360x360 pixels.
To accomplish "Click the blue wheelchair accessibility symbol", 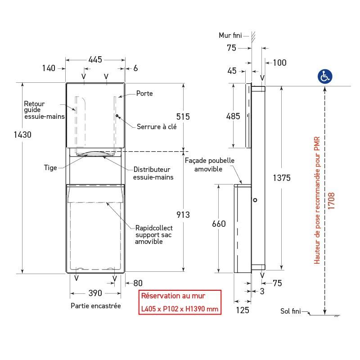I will pyautogui.click(x=325, y=76).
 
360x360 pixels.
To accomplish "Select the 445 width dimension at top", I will pyautogui.click(x=95, y=59).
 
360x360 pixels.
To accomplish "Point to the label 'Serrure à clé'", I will pyautogui.click(x=157, y=126).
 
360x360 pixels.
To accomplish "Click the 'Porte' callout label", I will pyautogui.click(x=144, y=94).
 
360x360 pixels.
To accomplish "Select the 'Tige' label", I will pyautogui.click(x=50, y=168).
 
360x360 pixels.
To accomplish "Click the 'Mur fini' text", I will pyautogui.click(x=230, y=35).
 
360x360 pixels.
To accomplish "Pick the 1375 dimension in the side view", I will pyautogui.click(x=282, y=178).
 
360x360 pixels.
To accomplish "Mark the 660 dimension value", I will pyautogui.click(x=218, y=224).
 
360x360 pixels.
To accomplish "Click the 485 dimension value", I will pyautogui.click(x=233, y=116).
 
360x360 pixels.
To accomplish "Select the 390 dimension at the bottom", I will pyautogui.click(x=95, y=293).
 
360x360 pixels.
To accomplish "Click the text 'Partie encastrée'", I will pyautogui.click(x=96, y=306).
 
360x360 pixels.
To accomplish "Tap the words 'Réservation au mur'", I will pyautogui.click(x=173, y=296).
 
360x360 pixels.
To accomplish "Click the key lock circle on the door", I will pyautogui.click(x=117, y=116).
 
